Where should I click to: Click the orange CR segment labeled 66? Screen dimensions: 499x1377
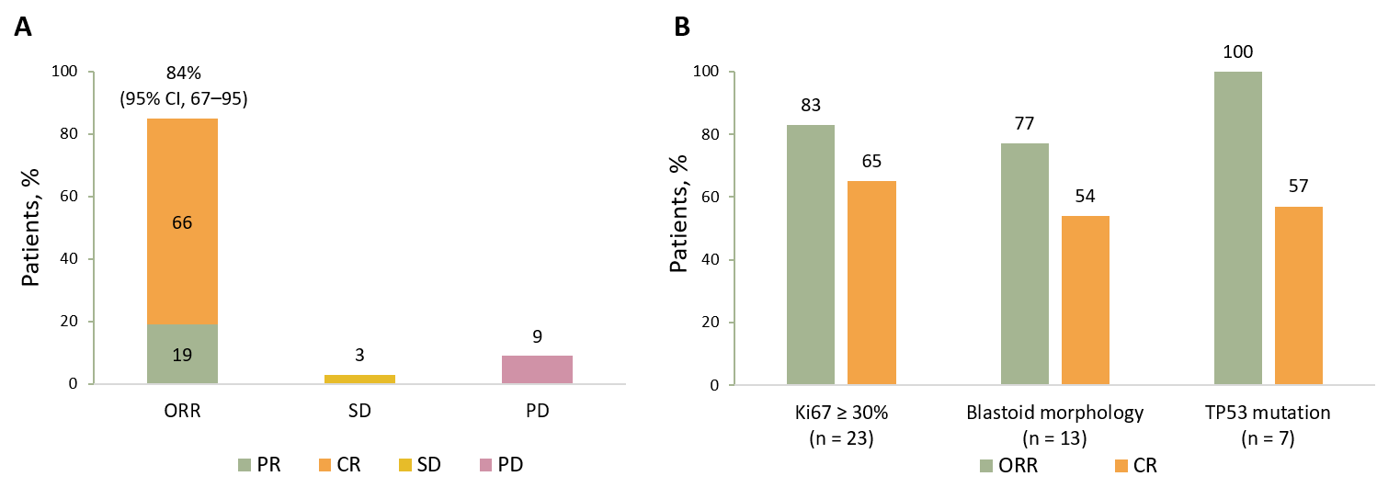click(x=182, y=221)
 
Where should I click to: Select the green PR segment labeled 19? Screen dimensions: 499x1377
click(x=182, y=354)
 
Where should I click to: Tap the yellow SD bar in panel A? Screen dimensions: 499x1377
click(x=359, y=379)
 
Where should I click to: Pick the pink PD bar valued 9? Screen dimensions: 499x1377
click(x=537, y=369)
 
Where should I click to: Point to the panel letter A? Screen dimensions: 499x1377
click(x=23, y=28)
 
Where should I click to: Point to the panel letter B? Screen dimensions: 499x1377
click(x=683, y=28)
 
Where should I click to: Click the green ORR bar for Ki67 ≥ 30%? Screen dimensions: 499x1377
click(x=811, y=255)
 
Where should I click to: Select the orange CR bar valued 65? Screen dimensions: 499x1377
click(x=871, y=283)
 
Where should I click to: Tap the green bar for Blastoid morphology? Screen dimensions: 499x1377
click(x=1024, y=264)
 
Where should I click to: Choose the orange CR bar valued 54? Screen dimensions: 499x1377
click(x=1085, y=300)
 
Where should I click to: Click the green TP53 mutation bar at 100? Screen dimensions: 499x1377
click(x=1237, y=228)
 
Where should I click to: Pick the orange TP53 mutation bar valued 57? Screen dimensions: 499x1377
click(x=1298, y=295)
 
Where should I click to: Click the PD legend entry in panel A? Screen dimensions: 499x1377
click(x=506, y=465)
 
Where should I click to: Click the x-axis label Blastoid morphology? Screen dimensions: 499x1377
click(x=1054, y=413)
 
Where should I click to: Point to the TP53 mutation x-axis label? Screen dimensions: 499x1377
click(x=1268, y=413)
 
